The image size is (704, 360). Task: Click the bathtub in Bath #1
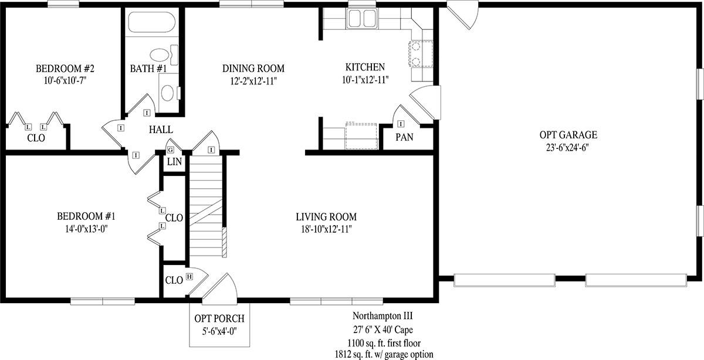(152, 22)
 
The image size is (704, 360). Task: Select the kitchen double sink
(362, 18)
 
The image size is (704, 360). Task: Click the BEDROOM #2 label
(65, 69)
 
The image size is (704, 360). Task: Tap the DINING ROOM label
(253, 69)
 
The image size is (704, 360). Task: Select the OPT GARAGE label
(568, 135)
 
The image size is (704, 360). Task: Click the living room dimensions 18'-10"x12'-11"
(326, 229)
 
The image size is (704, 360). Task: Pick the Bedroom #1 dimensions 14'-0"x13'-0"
(86, 229)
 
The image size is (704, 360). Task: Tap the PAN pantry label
(404, 137)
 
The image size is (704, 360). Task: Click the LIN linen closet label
(174, 162)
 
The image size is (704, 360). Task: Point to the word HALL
(161, 130)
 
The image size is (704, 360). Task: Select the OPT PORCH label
(219, 318)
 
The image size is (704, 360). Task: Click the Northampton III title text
(383, 315)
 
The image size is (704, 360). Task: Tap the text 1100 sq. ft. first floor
(384, 343)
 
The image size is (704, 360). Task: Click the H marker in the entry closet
(189, 276)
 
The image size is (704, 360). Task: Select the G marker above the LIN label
(170, 150)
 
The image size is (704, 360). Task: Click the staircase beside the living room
(206, 206)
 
